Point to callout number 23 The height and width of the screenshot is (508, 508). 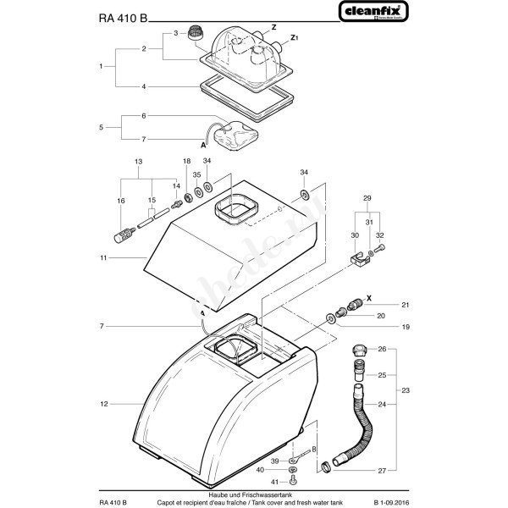405,391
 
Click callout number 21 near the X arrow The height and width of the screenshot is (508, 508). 405,304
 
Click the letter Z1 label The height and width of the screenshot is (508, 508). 294,37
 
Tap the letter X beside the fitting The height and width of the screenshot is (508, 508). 369,299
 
